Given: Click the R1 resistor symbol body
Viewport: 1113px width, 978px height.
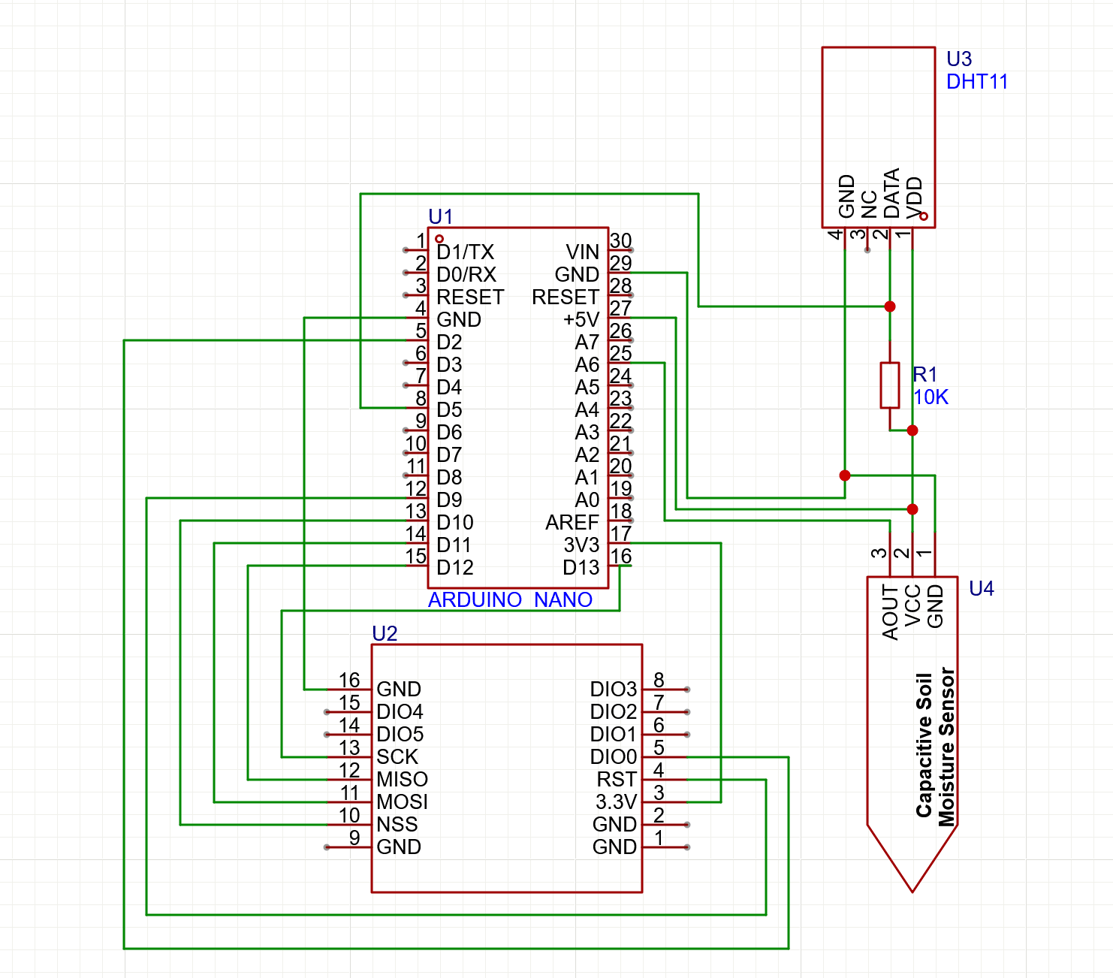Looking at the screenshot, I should pyautogui.click(x=890, y=385).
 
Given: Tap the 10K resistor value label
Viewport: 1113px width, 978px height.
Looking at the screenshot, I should pyautogui.click(x=931, y=397).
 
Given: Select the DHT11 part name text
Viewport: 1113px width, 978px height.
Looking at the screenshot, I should pyautogui.click(x=976, y=82).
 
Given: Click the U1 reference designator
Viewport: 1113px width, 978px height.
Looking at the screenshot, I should pyautogui.click(x=440, y=217).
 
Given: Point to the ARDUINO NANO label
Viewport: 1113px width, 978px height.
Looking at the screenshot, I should pyautogui.click(x=510, y=600).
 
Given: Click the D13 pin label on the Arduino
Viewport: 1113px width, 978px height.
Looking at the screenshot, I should pyautogui.click(x=581, y=568).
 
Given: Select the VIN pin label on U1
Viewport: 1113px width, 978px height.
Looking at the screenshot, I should pyautogui.click(x=583, y=252).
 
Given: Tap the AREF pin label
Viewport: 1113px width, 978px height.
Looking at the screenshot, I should pyautogui.click(x=572, y=523).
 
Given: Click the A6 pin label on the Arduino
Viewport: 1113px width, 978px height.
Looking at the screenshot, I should pyautogui.click(x=587, y=365).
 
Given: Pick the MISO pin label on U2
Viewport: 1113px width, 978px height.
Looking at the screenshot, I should pyautogui.click(x=402, y=780).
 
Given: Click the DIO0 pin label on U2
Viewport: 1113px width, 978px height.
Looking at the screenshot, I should pyautogui.click(x=613, y=757).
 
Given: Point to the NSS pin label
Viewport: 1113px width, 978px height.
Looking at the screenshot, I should pyautogui.click(x=397, y=825).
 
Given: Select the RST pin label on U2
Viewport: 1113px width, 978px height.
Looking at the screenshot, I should pyautogui.click(x=617, y=780).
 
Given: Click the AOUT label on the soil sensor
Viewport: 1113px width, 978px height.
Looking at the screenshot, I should pyautogui.click(x=891, y=613).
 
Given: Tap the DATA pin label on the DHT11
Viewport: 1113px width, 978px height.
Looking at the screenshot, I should pyautogui.click(x=891, y=193).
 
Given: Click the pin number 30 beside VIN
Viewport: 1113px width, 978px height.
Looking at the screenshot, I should pyautogui.click(x=620, y=240).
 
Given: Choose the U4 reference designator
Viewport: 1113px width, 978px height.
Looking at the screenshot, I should pyautogui.click(x=981, y=589).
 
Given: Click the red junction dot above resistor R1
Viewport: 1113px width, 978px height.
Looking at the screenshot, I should pyautogui.click(x=890, y=306).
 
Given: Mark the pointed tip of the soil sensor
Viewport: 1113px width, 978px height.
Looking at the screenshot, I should pyautogui.click(x=912, y=890).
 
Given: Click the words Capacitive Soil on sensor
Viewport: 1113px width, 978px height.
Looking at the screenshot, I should pyautogui.click(x=924, y=744).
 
